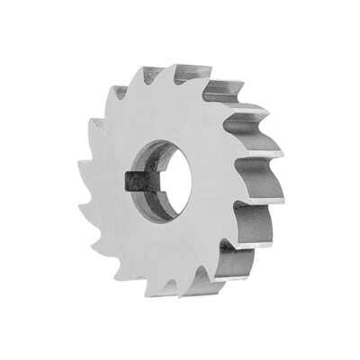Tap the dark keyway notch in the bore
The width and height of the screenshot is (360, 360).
pos(132,181)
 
